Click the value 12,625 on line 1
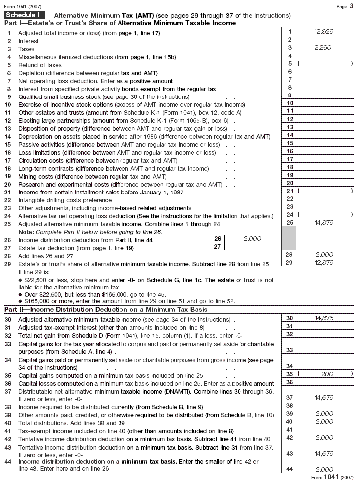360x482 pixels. pyautogui.click(x=324, y=31)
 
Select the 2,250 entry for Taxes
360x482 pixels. pyautogui.click(x=324, y=48)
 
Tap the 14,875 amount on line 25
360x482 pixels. pyautogui.click(x=324, y=223)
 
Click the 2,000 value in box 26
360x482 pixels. pyautogui.click(x=252, y=239)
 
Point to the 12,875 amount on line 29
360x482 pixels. pyautogui.click(x=324, y=262)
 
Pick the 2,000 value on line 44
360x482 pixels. pyautogui.click(x=324, y=469)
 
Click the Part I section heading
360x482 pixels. pyautogui.click(x=120, y=23)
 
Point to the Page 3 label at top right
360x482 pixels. pyautogui.click(x=345, y=6)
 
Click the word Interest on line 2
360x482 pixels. pyautogui.click(x=28, y=41)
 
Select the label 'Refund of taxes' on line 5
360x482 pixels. pyautogui.click(x=40, y=65)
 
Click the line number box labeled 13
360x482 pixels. pyautogui.click(x=290, y=127)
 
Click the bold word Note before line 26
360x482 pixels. pyautogui.click(x=25, y=232)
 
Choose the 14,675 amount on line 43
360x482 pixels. pyautogui.click(x=324, y=454)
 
